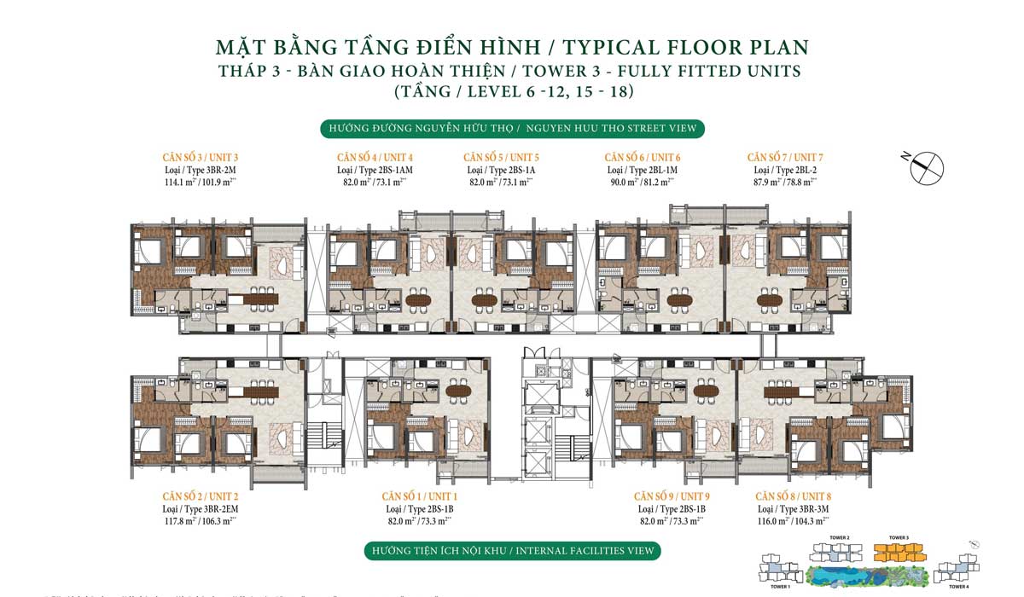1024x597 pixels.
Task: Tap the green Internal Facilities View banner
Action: tap(512, 550)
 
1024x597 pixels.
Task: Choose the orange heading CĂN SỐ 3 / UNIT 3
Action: tap(200, 158)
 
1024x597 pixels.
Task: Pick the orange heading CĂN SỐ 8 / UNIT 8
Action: tap(793, 496)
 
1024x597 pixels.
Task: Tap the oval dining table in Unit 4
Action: tap(418, 299)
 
